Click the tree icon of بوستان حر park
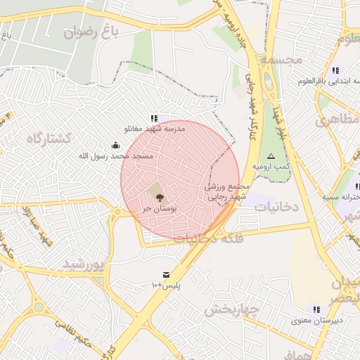point(156,190)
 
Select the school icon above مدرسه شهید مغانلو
point(154,118)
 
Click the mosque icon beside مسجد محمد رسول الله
point(116,146)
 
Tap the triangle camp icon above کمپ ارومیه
point(271,156)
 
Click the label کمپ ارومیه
point(271,166)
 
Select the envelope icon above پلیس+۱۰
point(166,274)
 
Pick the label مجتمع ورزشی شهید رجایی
point(226,192)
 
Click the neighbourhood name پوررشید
point(84,264)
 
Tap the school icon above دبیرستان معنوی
point(316,309)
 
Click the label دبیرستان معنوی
point(318,321)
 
